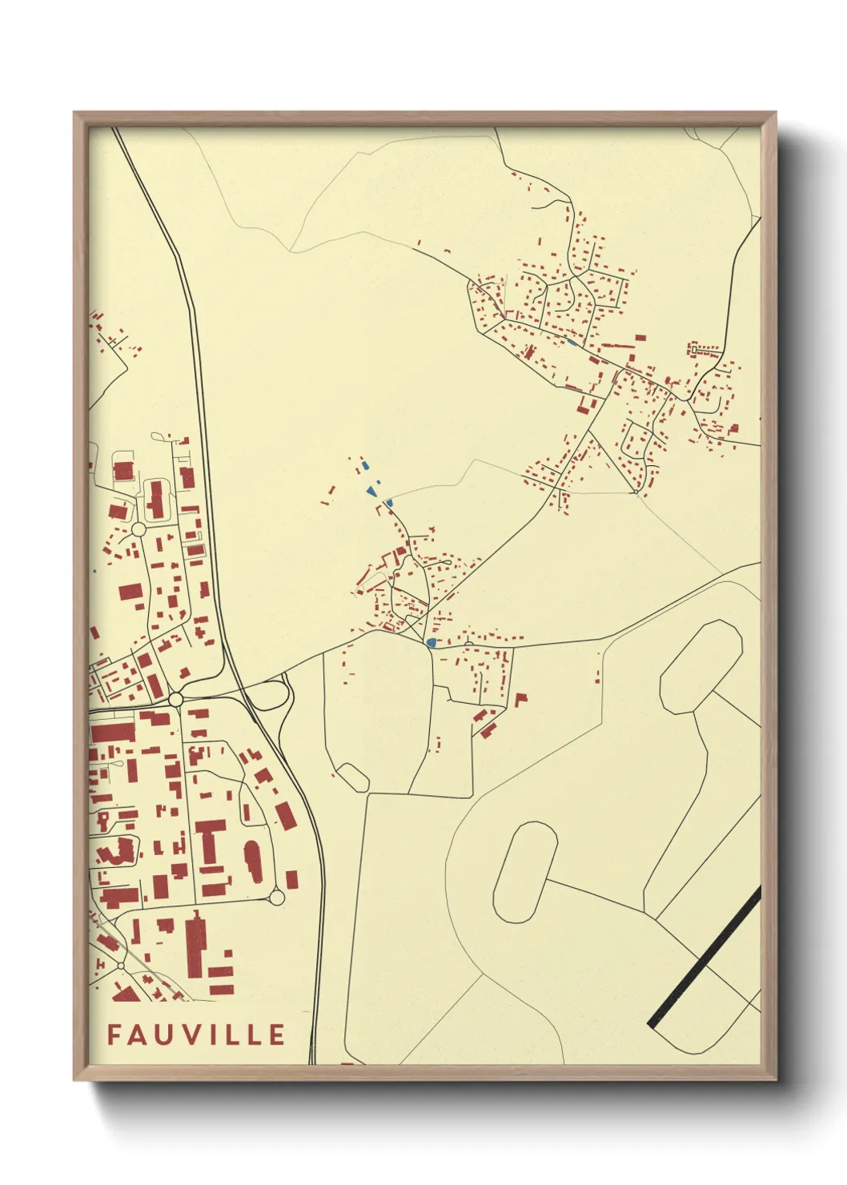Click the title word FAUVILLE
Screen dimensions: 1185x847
coord(196,1034)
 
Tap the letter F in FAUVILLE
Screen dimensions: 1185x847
coord(114,1034)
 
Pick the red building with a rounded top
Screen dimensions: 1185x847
coord(253,860)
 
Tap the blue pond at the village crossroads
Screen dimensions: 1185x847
coord(432,642)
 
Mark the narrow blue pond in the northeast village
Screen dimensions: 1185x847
coord(572,343)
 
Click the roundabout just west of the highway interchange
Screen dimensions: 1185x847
coord(176,700)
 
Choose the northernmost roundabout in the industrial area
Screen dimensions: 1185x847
coord(138,529)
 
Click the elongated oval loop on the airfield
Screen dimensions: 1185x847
coord(525,872)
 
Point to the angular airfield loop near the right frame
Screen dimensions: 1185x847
coord(701,666)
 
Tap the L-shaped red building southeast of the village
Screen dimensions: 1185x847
coord(520,699)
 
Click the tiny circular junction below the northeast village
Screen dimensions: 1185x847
coord(636,492)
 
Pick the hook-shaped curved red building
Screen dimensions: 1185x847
coord(118,851)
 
